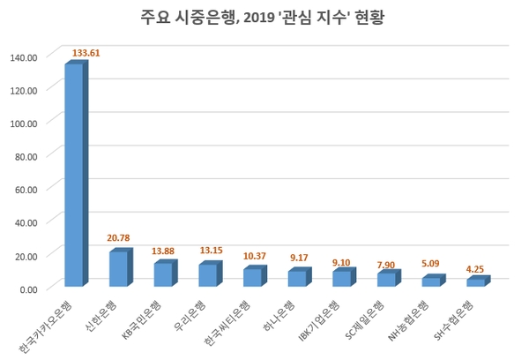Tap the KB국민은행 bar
point(162,275)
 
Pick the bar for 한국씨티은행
point(252,278)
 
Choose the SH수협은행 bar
point(476,282)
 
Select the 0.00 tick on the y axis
point(29,289)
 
